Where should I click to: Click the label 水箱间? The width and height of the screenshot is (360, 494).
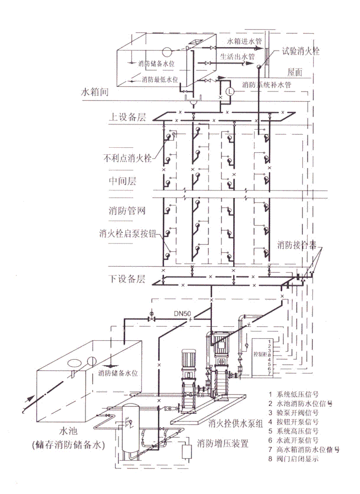tap(94, 93)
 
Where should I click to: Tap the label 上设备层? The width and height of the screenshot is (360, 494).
tap(127, 117)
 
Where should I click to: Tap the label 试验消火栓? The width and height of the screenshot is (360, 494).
tap(300, 52)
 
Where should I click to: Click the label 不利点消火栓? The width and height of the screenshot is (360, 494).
tap(127, 158)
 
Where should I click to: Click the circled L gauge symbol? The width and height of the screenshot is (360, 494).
tap(230, 91)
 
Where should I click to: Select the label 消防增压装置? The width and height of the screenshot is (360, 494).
tap(223, 444)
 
